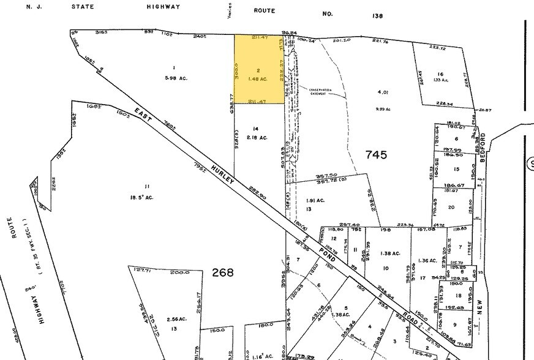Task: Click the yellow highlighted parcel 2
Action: click(260, 68)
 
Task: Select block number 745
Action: click(375, 155)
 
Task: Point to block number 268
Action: click(222, 272)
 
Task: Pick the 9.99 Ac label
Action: click(384, 108)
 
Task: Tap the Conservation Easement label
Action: click(321, 92)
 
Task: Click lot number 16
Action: click(440, 73)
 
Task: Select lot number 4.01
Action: click(384, 92)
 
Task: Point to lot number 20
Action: click(452, 207)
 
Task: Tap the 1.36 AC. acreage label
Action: click(427, 261)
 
